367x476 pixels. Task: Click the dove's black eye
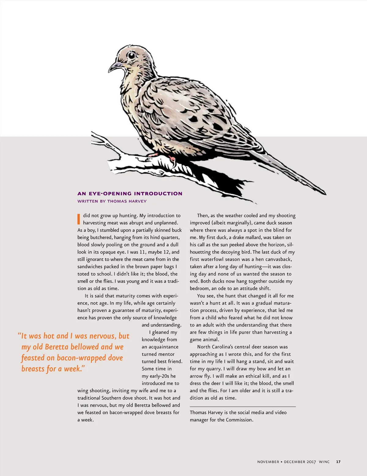[x=132, y=55]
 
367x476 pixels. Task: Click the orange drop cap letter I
[x=79, y=219]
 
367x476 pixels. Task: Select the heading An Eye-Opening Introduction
[x=130, y=193]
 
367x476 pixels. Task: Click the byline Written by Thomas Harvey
[x=112, y=201]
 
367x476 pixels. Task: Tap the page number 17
[x=338, y=462]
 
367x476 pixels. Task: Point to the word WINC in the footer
[x=324, y=462]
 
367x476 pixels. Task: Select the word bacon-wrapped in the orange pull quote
[x=81, y=358]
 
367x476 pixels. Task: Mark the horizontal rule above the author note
[x=243, y=407]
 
